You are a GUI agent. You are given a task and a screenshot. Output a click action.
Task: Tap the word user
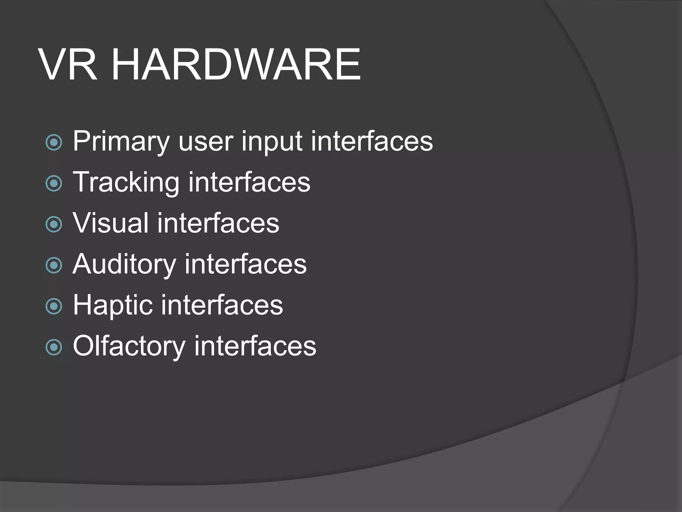[x=205, y=142]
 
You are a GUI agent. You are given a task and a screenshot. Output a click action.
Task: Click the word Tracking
[x=126, y=183]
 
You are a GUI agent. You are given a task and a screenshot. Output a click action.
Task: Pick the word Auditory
[x=124, y=265]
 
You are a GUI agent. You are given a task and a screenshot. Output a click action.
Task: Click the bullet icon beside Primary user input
[x=54, y=142]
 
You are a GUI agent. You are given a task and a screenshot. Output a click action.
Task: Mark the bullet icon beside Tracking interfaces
[x=54, y=183]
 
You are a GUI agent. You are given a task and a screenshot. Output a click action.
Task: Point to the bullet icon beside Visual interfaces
[x=54, y=224]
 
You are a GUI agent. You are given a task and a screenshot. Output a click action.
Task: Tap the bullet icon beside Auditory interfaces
[x=54, y=265]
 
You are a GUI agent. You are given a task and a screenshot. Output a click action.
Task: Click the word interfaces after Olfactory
[x=255, y=346]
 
